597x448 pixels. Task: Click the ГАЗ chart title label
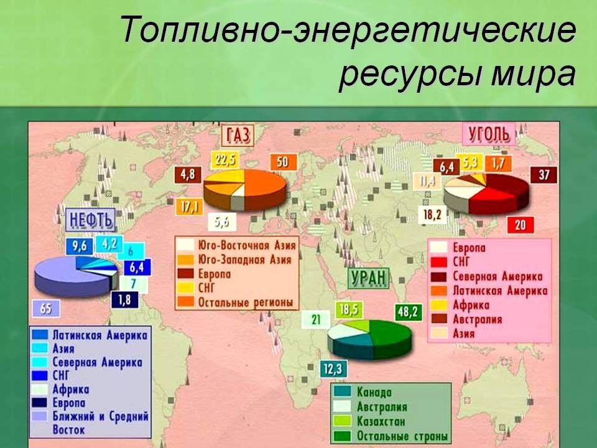point(239,135)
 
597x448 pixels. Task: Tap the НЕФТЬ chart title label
point(91,219)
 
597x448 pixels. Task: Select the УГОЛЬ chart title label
point(488,133)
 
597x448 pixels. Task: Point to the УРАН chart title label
point(369,278)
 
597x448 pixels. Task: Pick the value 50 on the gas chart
point(282,162)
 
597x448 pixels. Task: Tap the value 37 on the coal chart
point(544,175)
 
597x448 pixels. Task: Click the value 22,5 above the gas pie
point(225,160)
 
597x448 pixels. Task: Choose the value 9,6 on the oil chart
point(79,246)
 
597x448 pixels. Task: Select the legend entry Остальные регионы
point(245,302)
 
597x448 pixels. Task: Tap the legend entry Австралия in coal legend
point(477,319)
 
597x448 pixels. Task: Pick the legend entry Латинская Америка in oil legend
point(99,335)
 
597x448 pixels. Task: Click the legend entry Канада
point(374,393)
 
